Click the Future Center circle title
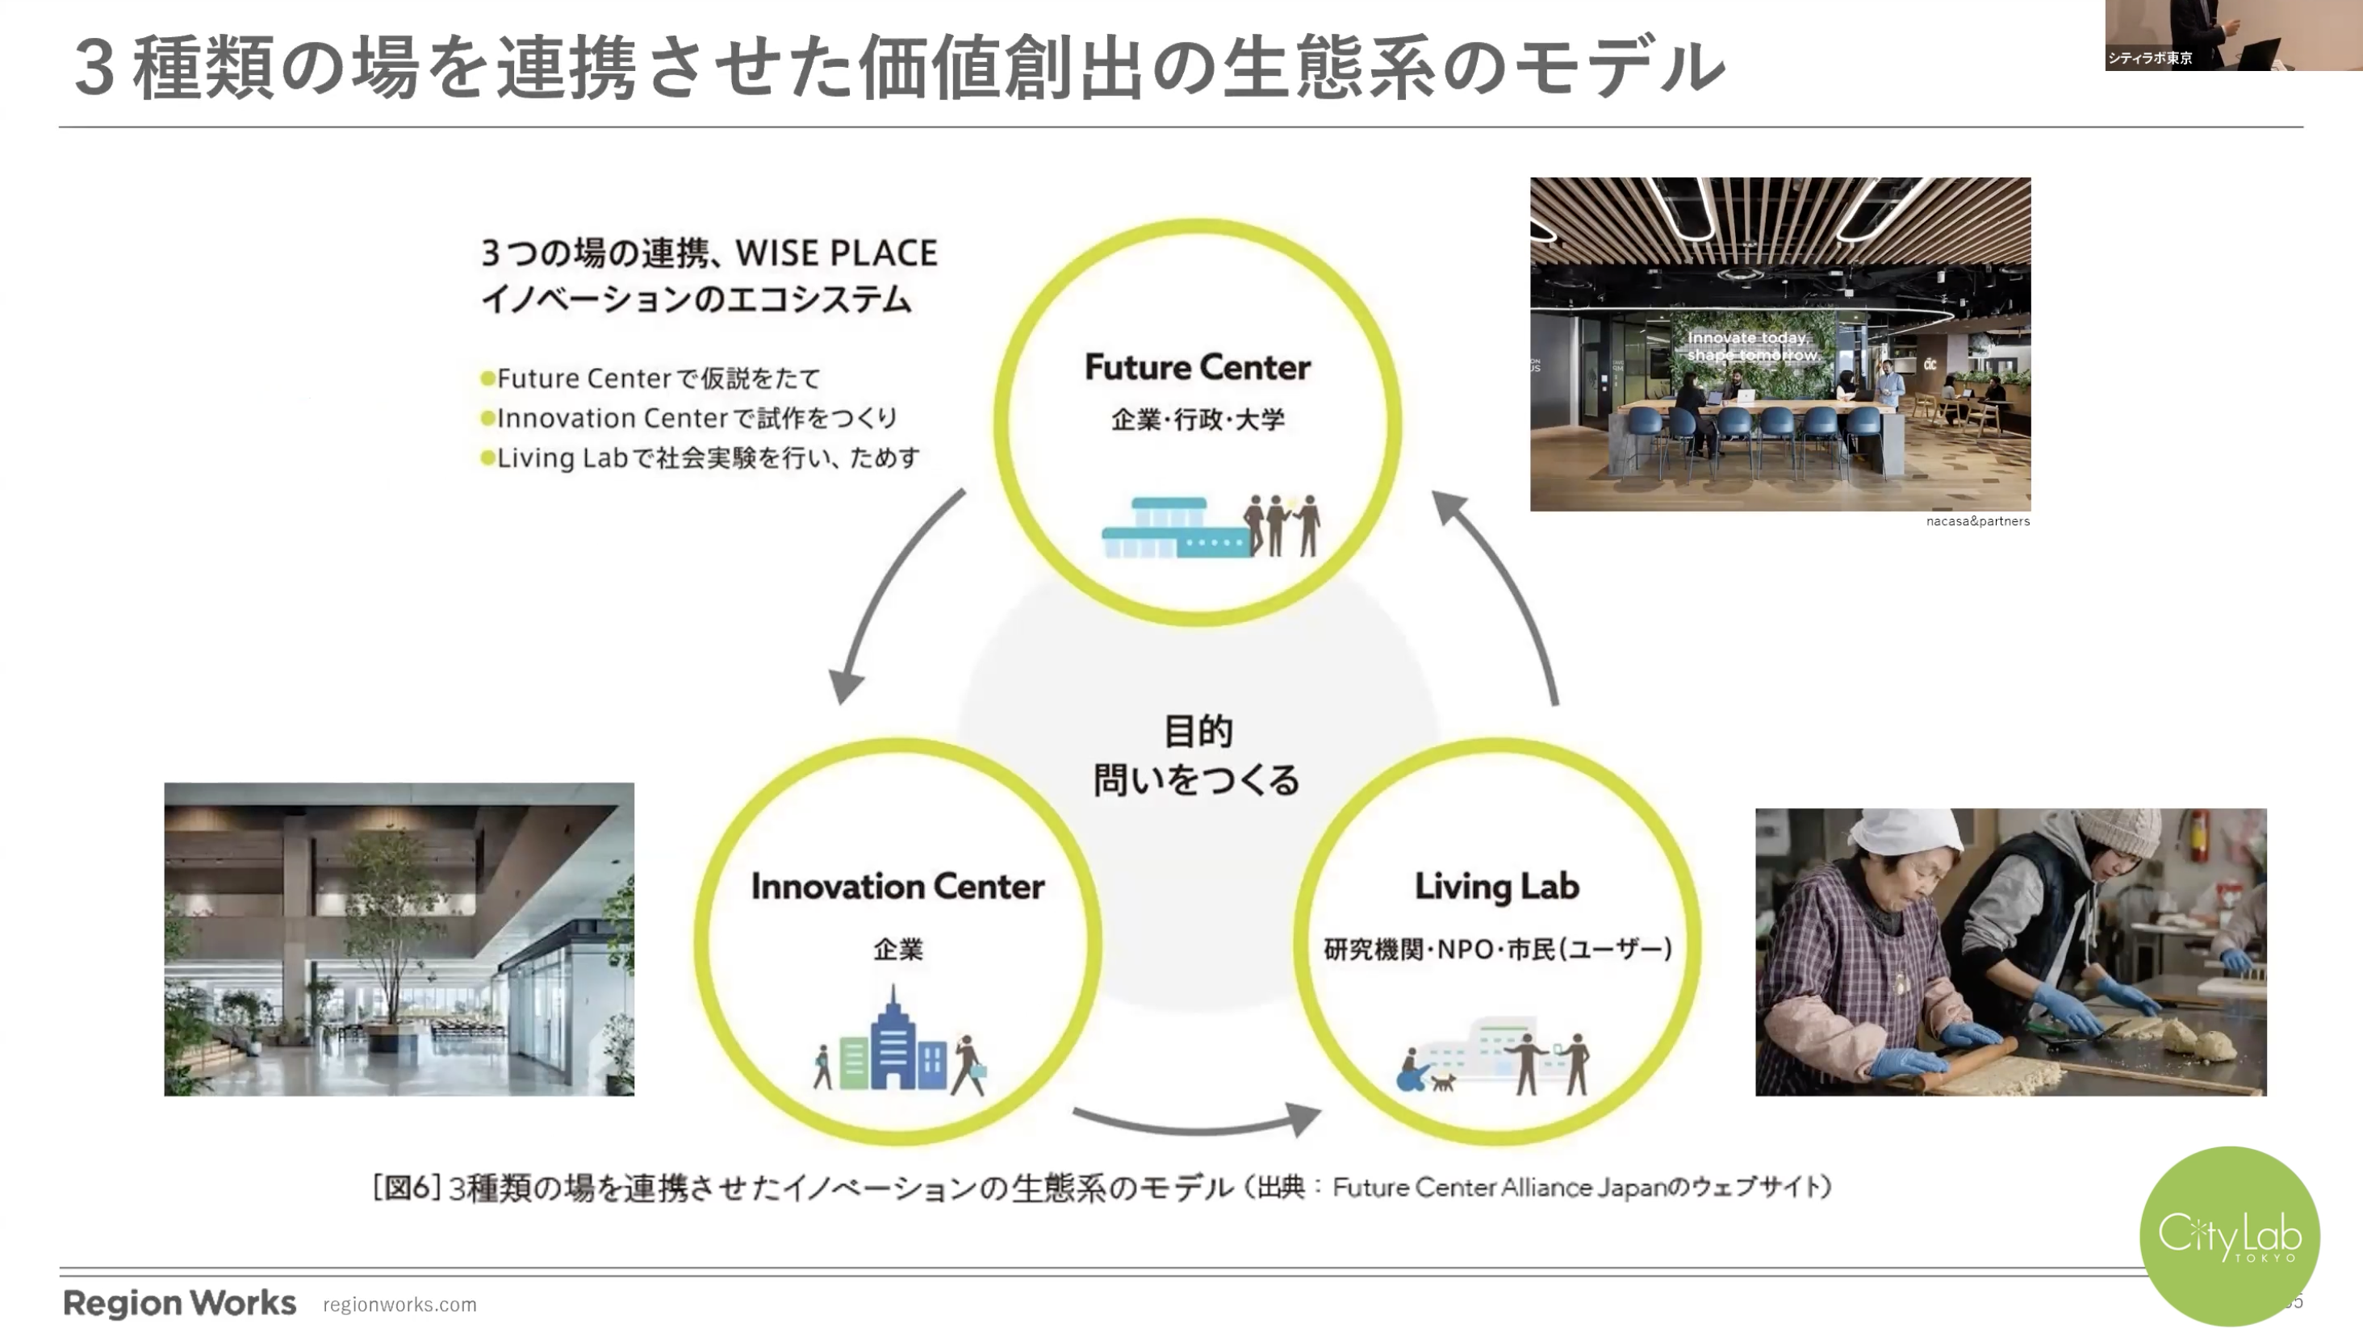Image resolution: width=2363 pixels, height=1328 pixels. tap(1197, 367)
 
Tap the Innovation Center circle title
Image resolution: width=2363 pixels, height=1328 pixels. tap(897, 886)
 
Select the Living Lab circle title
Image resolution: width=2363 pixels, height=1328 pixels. tap(1496, 886)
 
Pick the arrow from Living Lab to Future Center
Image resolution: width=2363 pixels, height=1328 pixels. tap(1513, 596)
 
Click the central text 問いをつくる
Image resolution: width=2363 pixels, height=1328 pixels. tap(1196, 780)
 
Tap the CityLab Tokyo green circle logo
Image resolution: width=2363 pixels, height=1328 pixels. tap(2229, 1235)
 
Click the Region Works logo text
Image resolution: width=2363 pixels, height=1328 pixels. tap(180, 1302)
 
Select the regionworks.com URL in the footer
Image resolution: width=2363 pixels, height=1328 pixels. tap(400, 1304)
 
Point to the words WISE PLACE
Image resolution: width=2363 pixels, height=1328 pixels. tap(837, 253)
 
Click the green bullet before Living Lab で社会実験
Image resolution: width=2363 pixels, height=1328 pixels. tap(487, 457)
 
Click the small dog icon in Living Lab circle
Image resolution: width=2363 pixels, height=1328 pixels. tap(1443, 1082)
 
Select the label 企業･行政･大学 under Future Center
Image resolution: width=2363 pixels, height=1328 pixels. tap(1197, 420)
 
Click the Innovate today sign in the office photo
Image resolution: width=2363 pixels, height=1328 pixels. tap(1750, 346)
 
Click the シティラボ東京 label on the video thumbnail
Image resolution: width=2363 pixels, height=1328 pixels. tap(2149, 58)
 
